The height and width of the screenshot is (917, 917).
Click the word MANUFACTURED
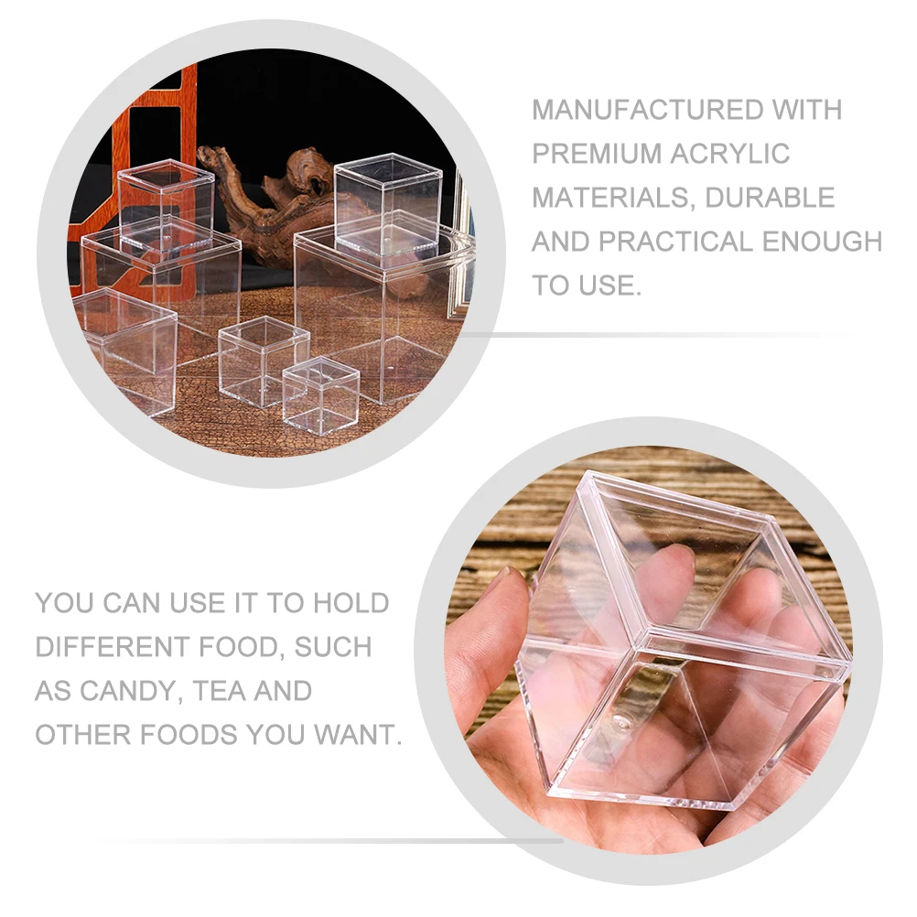click(634, 110)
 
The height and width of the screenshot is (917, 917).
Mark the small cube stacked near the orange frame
click(166, 206)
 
